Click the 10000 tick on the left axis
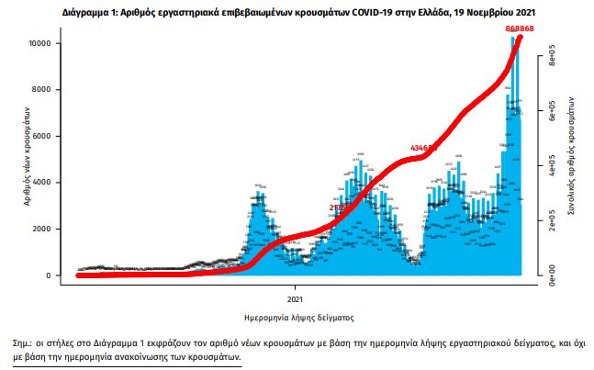tap(50, 43)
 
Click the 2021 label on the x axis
tap(296, 297)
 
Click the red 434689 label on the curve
tap(423, 148)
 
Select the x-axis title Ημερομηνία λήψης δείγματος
tap(296, 316)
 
